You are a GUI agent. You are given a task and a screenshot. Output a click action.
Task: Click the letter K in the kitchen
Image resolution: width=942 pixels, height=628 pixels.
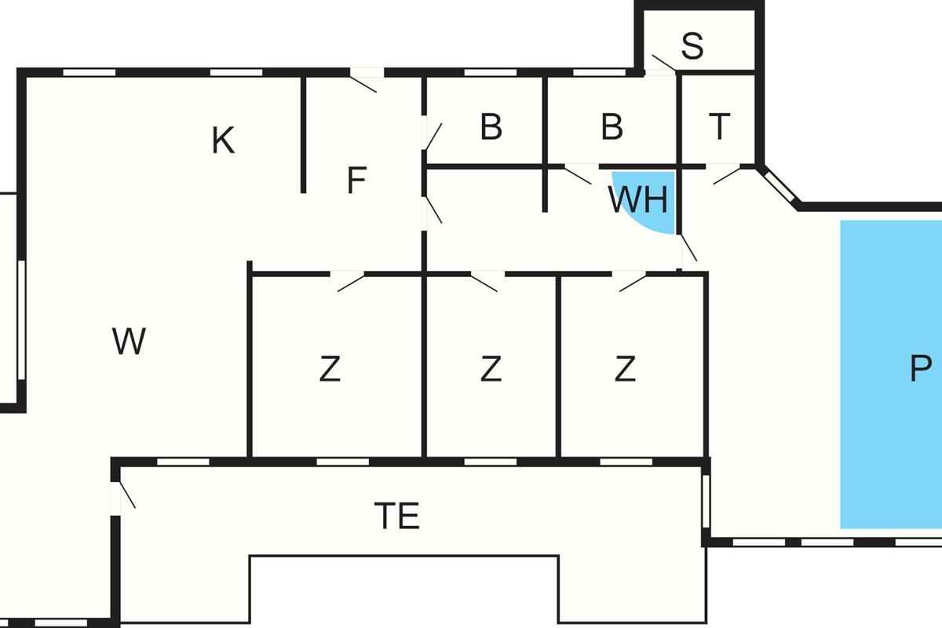(x=224, y=141)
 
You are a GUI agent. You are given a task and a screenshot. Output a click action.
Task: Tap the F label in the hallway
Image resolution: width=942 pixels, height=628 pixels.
(x=357, y=182)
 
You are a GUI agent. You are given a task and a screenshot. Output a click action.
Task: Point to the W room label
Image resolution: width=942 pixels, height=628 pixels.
(x=130, y=342)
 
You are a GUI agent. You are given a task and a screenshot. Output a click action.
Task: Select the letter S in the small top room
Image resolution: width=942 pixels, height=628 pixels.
(x=692, y=47)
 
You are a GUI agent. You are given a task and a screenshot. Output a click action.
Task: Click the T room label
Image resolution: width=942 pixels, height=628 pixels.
(x=719, y=126)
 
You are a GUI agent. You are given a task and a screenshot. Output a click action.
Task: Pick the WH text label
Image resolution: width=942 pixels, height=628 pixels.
(x=638, y=201)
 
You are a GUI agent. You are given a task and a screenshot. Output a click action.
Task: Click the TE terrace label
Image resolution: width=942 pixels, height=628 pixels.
(x=397, y=517)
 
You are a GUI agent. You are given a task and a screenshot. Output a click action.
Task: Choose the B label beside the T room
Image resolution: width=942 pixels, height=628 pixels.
(x=612, y=127)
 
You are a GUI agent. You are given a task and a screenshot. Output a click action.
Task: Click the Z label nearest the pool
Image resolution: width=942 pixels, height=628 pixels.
(x=625, y=368)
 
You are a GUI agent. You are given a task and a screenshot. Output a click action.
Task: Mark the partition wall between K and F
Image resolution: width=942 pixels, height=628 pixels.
(x=303, y=133)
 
